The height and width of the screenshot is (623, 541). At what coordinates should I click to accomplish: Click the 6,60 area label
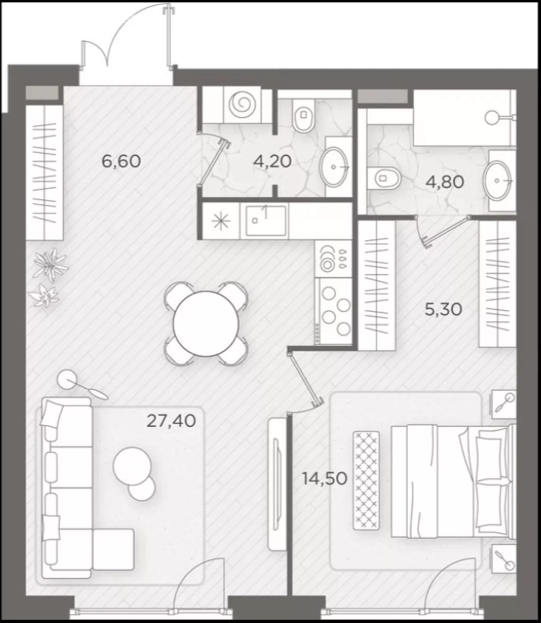[121, 162]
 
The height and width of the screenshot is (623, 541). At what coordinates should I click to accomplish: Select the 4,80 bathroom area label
[445, 182]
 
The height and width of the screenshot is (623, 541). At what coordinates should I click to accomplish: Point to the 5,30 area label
[444, 309]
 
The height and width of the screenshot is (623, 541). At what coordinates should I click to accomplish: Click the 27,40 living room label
[171, 421]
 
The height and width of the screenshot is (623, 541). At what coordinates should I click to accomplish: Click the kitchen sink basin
[266, 220]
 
